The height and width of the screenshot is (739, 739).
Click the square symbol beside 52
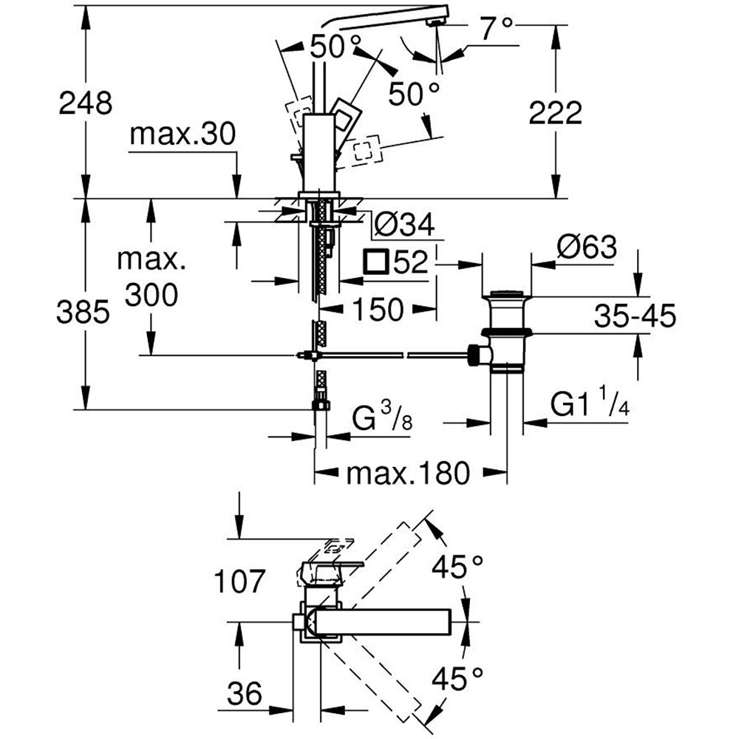(376, 262)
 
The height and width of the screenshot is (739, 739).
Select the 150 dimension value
(378, 309)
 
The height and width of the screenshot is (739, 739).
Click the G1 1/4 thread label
(589, 405)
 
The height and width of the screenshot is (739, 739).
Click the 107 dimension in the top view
(237, 582)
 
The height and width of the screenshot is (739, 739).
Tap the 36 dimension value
(243, 693)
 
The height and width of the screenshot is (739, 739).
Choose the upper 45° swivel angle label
(459, 568)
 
